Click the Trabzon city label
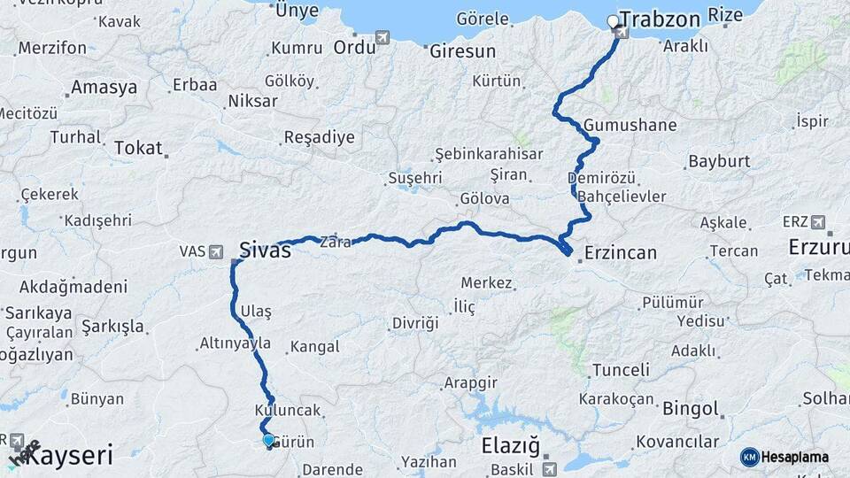(x=661, y=19)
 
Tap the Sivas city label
(x=265, y=250)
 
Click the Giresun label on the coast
(x=462, y=52)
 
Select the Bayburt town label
(x=718, y=162)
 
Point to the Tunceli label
(x=620, y=370)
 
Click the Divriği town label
(x=414, y=323)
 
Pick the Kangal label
(x=315, y=347)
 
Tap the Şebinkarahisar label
(x=489, y=154)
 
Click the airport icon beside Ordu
(x=382, y=37)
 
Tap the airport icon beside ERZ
(x=816, y=221)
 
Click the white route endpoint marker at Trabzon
(x=613, y=21)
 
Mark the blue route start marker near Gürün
(x=268, y=439)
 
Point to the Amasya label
(x=104, y=88)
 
